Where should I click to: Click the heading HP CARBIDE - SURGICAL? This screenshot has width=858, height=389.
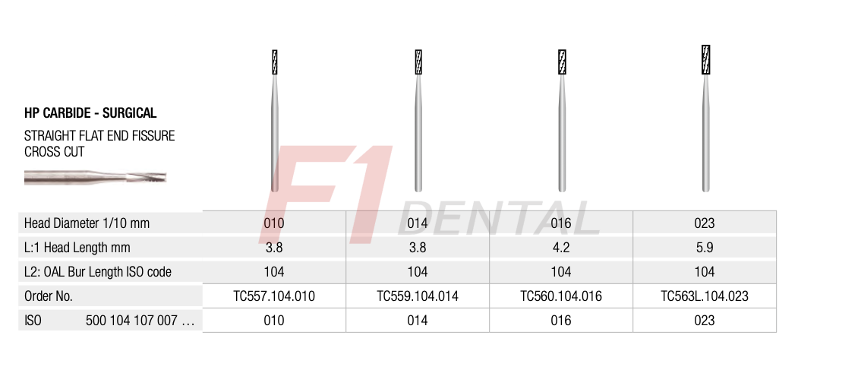point(90,113)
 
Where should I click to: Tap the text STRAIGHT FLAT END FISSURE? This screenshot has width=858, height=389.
point(99,136)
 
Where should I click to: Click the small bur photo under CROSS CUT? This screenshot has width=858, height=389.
point(94,178)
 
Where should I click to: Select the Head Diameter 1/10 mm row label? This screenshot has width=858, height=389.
point(87,223)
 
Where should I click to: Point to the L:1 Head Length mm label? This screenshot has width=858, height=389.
point(77,248)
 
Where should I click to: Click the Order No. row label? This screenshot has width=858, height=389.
point(49,296)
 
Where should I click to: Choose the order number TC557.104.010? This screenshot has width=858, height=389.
point(274,296)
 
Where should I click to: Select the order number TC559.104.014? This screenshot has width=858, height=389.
point(418,296)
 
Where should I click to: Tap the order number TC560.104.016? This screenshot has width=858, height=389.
point(561,296)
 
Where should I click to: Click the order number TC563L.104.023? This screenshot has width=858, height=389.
point(705,296)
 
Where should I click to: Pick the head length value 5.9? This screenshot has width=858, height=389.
point(705,248)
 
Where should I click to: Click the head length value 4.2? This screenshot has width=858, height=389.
point(561,248)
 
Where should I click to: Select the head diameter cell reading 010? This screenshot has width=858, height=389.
point(274,223)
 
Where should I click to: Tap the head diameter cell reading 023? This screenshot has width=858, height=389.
point(705,223)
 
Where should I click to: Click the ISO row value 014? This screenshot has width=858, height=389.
point(418,321)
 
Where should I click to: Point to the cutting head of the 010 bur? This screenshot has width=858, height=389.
point(274,62)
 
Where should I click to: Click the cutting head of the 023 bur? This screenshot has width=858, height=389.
point(705,60)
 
